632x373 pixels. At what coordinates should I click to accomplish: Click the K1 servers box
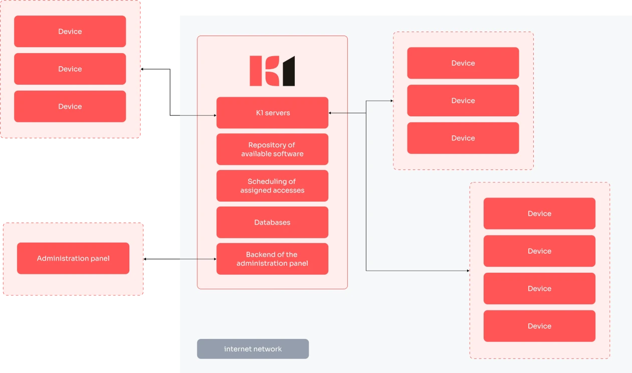tap(272, 113)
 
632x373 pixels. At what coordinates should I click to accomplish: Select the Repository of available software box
tap(272, 149)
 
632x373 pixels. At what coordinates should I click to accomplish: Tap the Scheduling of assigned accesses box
tap(272, 186)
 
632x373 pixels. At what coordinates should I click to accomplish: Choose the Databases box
tap(272, 223)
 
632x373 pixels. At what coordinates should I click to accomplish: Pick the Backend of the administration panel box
tap(272, 259)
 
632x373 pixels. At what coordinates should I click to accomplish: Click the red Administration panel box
tap(73, 259)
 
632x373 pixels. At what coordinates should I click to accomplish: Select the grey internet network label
tap(253, 349)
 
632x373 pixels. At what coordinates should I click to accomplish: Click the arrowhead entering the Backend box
tap(215, 259)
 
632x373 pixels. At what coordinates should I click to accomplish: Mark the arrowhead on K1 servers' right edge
tap(330, 113)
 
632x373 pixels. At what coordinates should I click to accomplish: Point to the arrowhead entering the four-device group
tap(468, 271)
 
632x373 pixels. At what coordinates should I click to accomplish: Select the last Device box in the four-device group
tap(539, 326)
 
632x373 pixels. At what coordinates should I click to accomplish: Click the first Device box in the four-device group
tap(539, 214)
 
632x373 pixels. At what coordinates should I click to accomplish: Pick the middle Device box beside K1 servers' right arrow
tap(463, 101)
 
